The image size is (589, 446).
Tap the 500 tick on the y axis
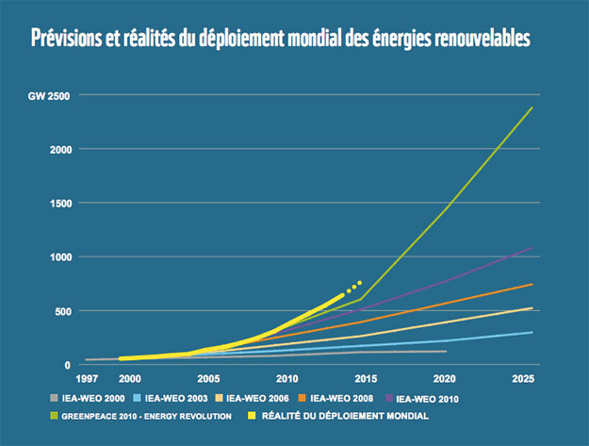coord(60,310)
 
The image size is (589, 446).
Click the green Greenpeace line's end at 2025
coord(532,107)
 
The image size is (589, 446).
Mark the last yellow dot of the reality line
coord(359,283)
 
